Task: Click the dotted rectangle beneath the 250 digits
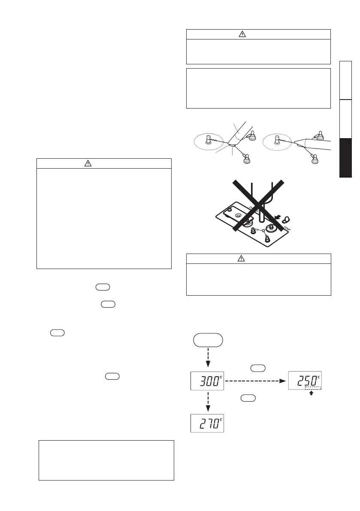(313, 387)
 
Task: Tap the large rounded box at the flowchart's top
(208, 340)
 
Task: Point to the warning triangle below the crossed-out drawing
(242, 258)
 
